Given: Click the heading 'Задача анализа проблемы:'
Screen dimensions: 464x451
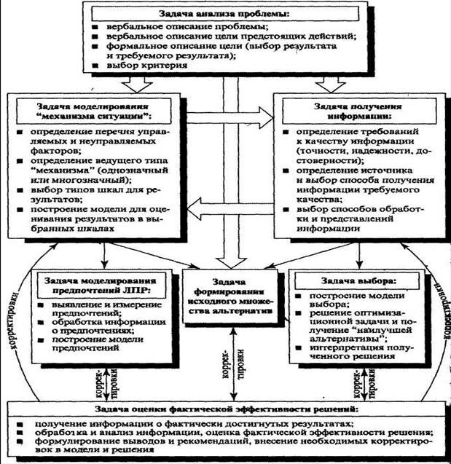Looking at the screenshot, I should pos(224,14).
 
